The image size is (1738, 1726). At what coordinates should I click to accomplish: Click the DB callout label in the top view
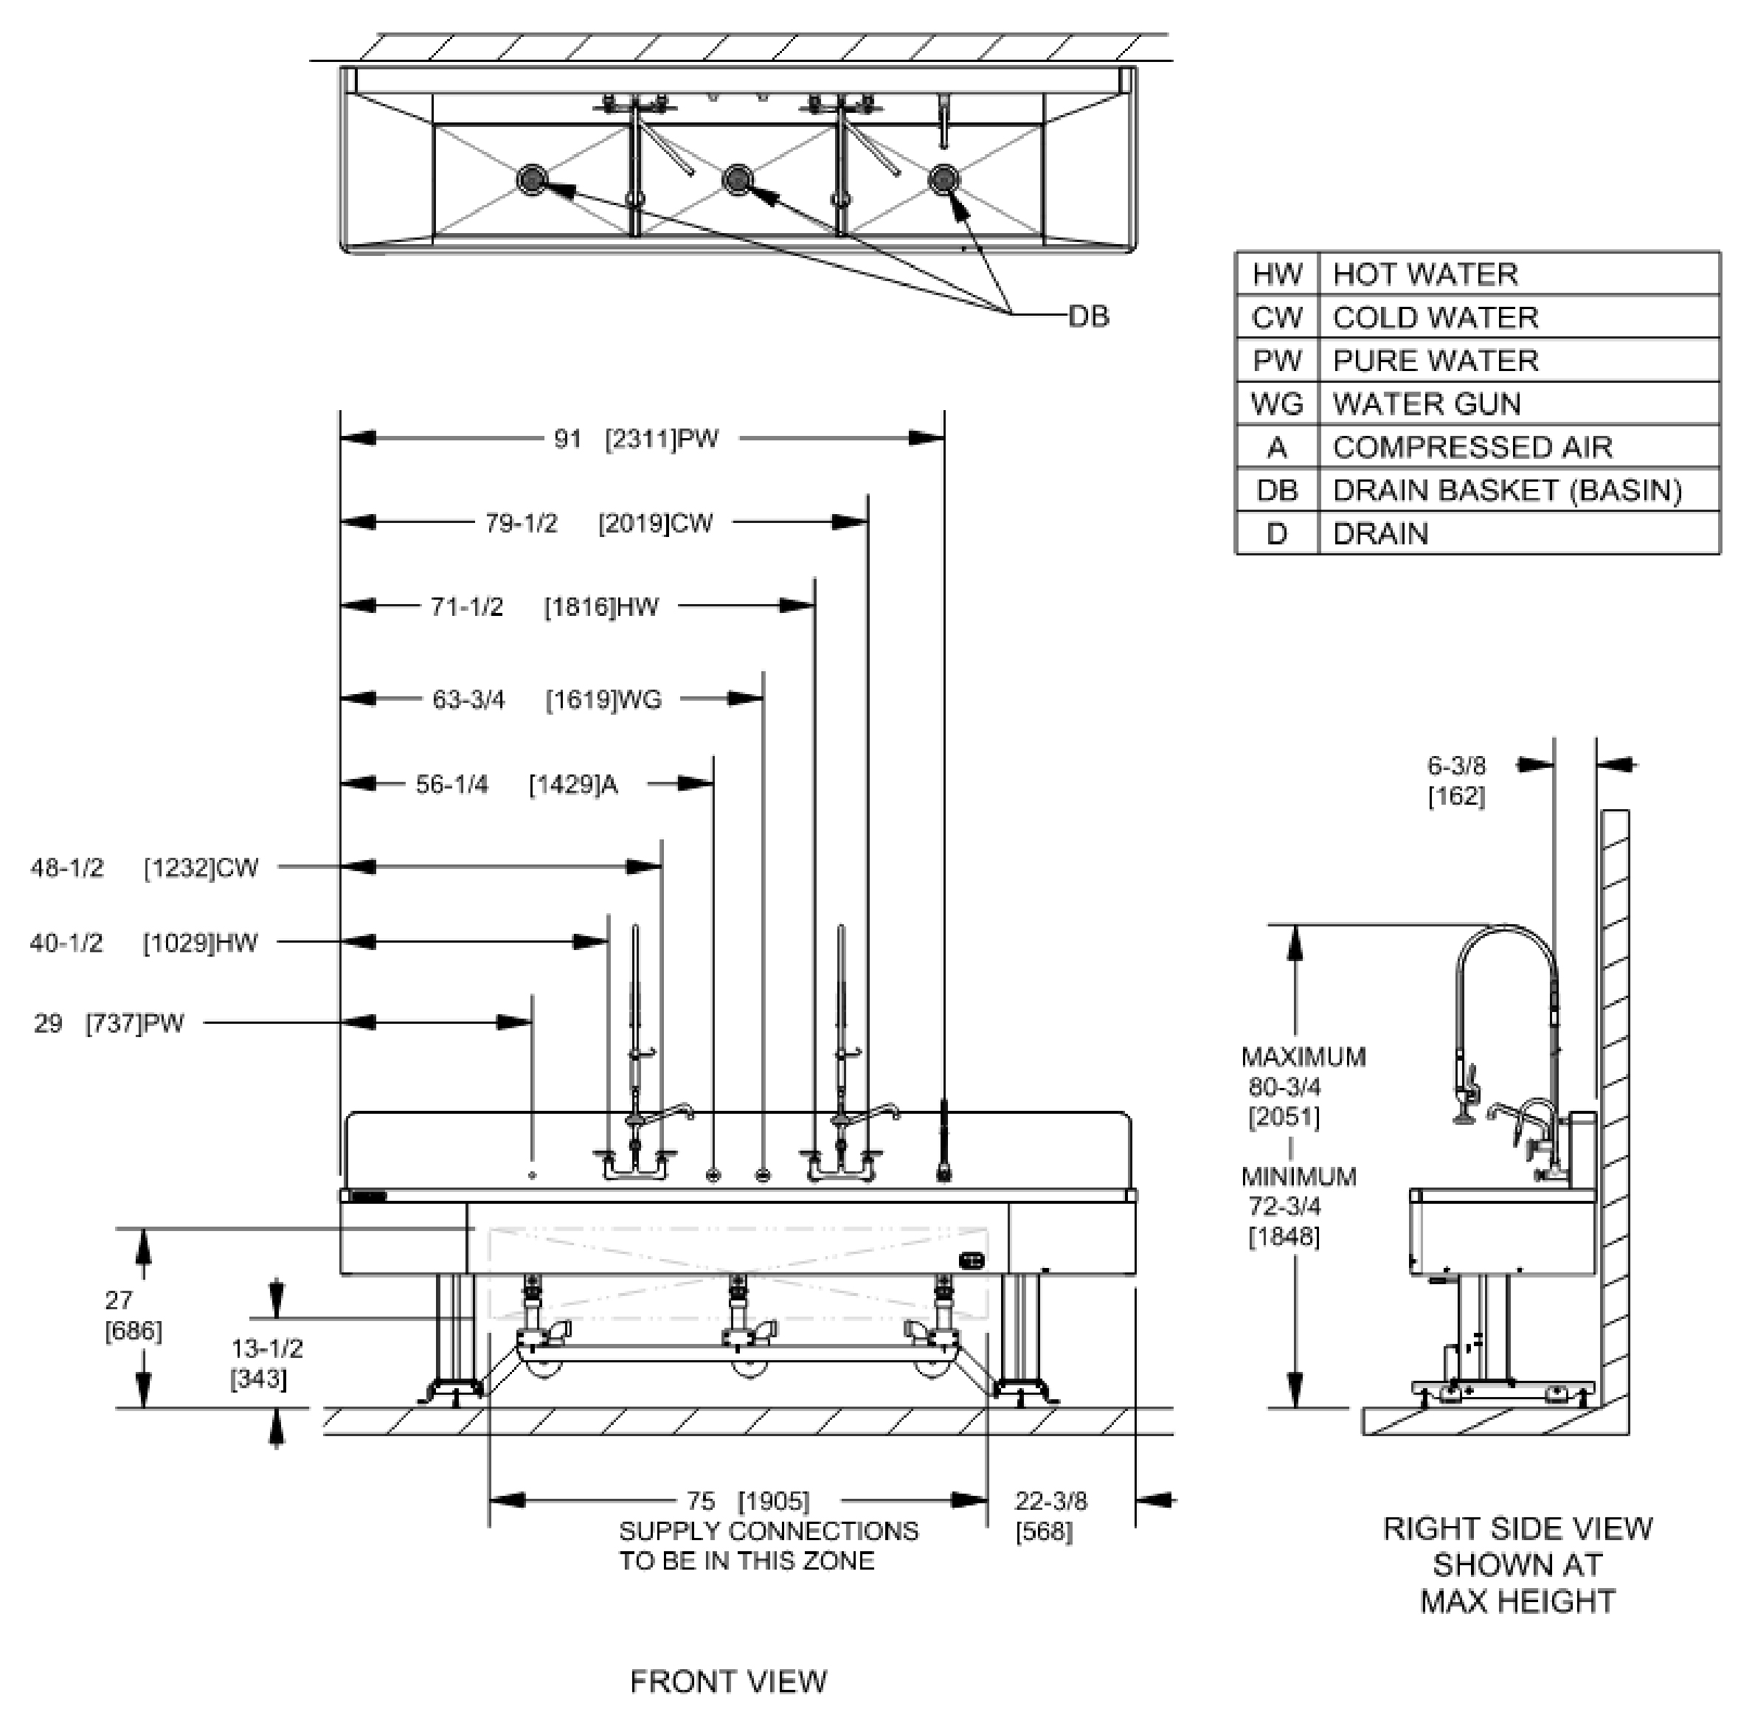[1089, 316]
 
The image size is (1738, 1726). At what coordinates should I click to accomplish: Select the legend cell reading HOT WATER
[1425, 274]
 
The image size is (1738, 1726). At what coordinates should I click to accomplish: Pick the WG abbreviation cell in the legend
[1276, 404]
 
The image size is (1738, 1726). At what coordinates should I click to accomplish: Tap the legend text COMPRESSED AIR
[1472, 447]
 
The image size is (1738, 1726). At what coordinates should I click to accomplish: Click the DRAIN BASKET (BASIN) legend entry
[1507, 491]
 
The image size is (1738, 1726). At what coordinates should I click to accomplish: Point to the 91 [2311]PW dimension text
[636, 439]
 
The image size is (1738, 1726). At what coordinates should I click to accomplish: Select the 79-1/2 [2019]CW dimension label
[598, 522]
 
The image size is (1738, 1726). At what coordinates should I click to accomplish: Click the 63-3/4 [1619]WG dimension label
[546, 699]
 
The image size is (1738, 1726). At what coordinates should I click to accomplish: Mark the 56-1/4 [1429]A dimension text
[516, 784]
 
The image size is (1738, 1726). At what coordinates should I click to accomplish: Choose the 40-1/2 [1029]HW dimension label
[144, 943]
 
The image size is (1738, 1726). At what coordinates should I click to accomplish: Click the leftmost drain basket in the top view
[532, 179]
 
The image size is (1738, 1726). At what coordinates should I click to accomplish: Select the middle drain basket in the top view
[738, 179]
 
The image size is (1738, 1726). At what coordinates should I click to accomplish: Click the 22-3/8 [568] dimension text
[1050, 1516]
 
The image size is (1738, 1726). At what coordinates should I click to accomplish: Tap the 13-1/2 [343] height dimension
[266, 1364]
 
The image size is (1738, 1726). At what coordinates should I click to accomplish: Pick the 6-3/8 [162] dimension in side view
[1455, 780]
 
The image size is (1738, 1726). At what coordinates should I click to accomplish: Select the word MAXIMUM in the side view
[1303, 1057]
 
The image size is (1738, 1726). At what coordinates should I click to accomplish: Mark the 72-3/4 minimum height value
[1284, 1206]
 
